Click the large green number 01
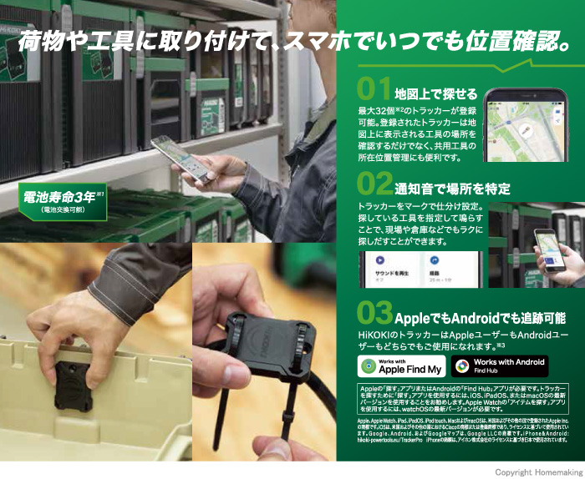(374, 89)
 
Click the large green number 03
(374, 313)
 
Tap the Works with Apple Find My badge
(400, 365)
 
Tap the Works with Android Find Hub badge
(500, 365)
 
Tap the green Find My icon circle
(368, 365)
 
